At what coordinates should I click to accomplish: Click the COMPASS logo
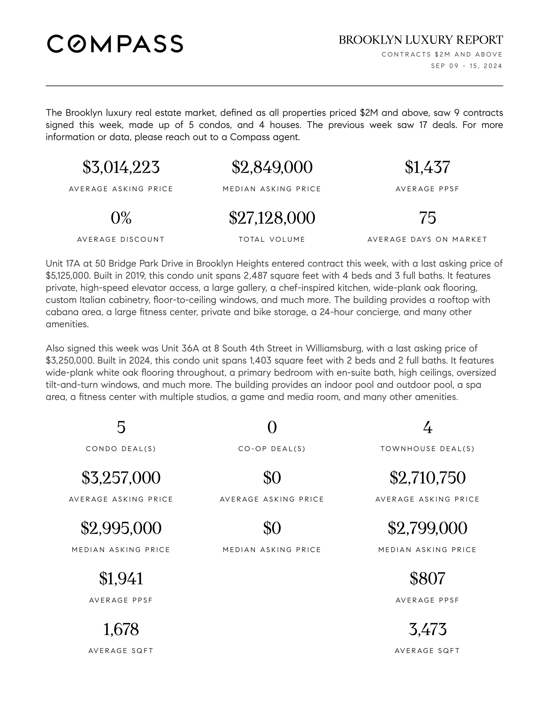point(115,44)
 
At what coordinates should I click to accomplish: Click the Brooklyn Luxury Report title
point(420,40)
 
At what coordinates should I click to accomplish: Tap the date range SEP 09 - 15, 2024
point(466,66)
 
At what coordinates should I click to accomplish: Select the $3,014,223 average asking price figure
point(121,167)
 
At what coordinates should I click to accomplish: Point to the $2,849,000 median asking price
point(272,167)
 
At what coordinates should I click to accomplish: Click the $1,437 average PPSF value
point(427,167)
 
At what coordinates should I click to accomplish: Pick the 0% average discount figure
point(121,218)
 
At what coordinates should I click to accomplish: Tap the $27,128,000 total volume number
point(272,218)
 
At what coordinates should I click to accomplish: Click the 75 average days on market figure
point(427,218)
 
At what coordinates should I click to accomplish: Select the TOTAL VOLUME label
point(272,239)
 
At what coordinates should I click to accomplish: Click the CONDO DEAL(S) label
point(121,449)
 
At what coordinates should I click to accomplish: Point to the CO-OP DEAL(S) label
point(272,449)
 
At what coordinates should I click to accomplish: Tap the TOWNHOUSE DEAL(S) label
point(427,449)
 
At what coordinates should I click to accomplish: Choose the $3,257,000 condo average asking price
point(121,478)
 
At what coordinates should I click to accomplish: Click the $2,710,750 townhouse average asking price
point(427,478)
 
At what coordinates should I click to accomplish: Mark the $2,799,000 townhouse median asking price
point(427,528)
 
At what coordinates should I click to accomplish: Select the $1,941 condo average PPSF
point(121,579)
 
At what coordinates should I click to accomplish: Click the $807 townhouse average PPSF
point(427,579)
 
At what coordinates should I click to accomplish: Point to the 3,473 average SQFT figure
point(427,629)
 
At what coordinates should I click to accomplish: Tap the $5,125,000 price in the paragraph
point(68,276)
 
